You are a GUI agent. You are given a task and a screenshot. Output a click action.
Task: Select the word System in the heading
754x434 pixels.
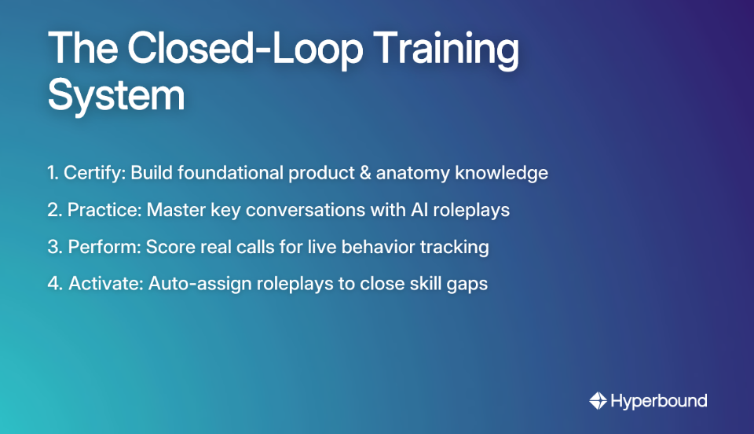click(x=116, y=97)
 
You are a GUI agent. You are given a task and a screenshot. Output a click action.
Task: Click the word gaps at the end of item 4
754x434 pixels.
click(x=468, y=285)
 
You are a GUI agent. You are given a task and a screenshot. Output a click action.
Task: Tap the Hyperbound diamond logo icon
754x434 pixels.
click(x=598, y=401)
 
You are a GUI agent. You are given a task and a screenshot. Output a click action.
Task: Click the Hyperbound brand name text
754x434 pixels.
click(x=660, y=401)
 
